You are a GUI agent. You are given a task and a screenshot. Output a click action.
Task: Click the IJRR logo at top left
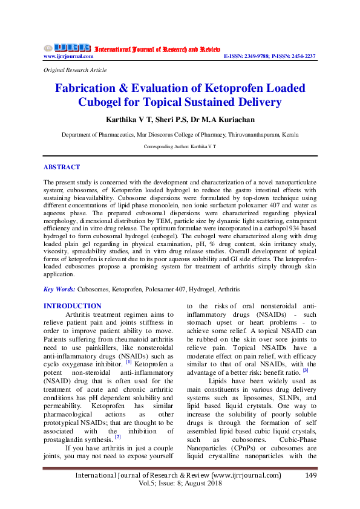(67, 48)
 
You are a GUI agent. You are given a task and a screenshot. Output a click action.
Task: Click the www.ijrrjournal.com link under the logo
(68, 56)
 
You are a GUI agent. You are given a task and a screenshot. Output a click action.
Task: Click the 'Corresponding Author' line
(180, 147)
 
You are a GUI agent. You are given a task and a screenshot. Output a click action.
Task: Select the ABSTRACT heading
(61, 167)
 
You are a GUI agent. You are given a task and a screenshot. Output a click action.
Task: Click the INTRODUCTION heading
(73, 306)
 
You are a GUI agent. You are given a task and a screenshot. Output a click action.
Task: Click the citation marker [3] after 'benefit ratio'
(306, 371)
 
